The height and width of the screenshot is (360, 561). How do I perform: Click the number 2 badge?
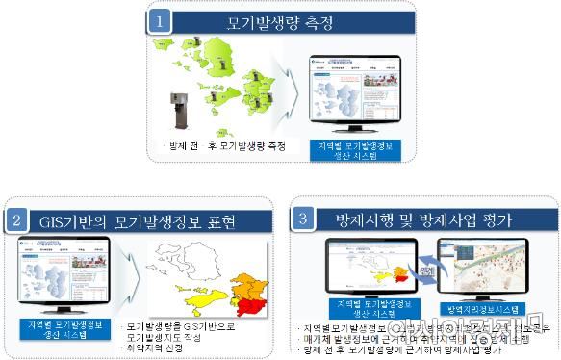click(16, 219)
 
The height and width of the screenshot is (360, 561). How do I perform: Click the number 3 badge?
click(305, 219)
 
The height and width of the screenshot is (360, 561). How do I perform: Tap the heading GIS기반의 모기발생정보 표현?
click(144, 220)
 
